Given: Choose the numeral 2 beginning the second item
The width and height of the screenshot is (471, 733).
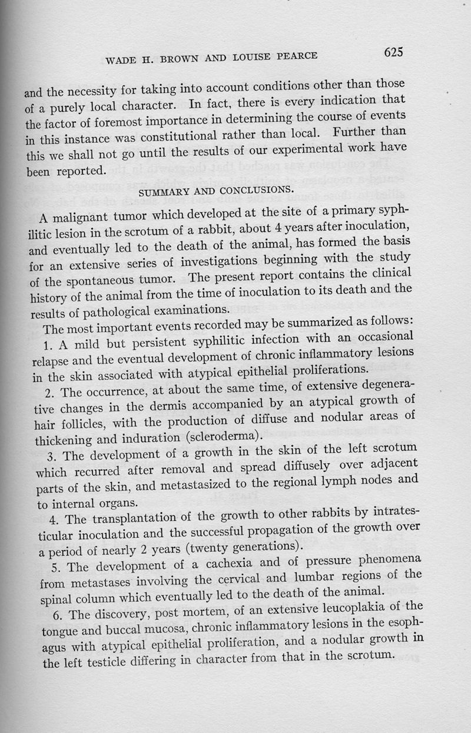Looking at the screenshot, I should pos(49,390).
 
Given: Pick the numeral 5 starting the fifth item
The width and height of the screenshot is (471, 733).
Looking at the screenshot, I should pos(49,568).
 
